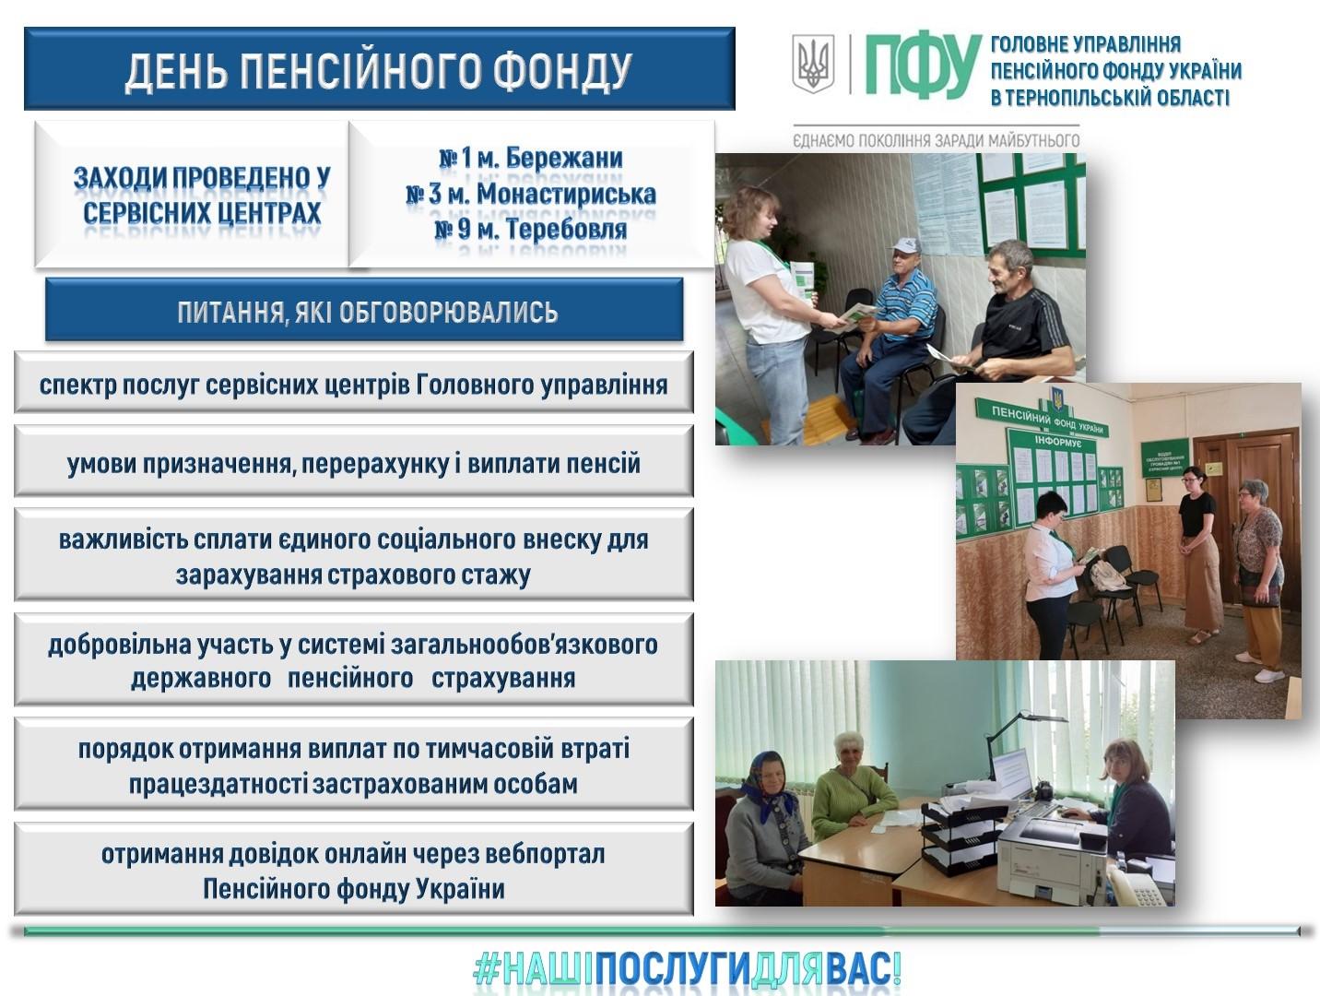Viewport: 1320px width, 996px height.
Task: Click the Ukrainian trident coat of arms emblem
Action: (813, 63)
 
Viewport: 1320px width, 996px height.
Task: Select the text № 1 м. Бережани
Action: (531, 159)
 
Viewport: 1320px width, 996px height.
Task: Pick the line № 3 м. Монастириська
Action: (531, 194)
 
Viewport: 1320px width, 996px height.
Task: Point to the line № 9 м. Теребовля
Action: (531, 229)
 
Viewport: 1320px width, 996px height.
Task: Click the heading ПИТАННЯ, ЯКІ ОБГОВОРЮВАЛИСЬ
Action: (368, 312)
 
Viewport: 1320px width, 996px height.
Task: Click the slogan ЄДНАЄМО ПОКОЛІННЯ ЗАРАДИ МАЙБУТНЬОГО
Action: (937, 141)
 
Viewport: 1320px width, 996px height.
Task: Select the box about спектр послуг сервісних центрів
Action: (354, 383)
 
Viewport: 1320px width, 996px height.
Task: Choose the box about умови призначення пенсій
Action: (354, 462)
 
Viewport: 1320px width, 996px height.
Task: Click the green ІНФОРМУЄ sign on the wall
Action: (1058, 442)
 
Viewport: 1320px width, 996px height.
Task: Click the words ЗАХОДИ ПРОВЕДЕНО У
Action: (202, 179)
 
